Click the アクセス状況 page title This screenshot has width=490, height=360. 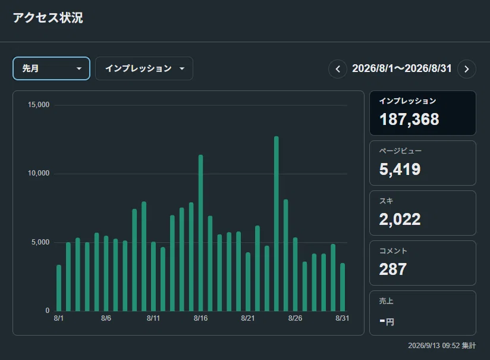[x=48, y=17]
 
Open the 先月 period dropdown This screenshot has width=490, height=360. [x=51, y=68]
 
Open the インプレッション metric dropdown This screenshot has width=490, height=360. [x=144, y=68]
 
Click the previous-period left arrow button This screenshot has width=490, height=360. [x=338, y=69]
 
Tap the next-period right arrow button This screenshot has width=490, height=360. [x=467, y=69]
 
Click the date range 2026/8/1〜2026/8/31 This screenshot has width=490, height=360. [x=402, y=68]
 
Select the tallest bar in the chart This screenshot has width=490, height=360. [x=277, y=224]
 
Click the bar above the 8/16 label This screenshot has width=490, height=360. [x=200, y=233]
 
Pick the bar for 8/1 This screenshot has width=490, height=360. [x=59, y=288]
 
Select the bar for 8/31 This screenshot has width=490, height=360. [x=343, y=287]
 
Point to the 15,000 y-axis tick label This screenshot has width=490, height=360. [x=39, y=105]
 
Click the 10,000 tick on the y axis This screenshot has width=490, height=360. [x=39, y=173]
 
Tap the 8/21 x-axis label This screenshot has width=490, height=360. [x=248, y=318]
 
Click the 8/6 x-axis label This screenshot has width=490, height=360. [x=106, y=318]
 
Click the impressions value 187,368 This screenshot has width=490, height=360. [x=409, y=119]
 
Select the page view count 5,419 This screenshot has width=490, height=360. [x=400, y=169]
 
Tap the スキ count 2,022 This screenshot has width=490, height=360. [x=400, y=219]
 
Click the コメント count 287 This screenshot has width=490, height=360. [x=393, y=269]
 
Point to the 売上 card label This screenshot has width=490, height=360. [x=387, y=301]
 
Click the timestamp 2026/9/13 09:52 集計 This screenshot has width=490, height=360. [x=442, y=346]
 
